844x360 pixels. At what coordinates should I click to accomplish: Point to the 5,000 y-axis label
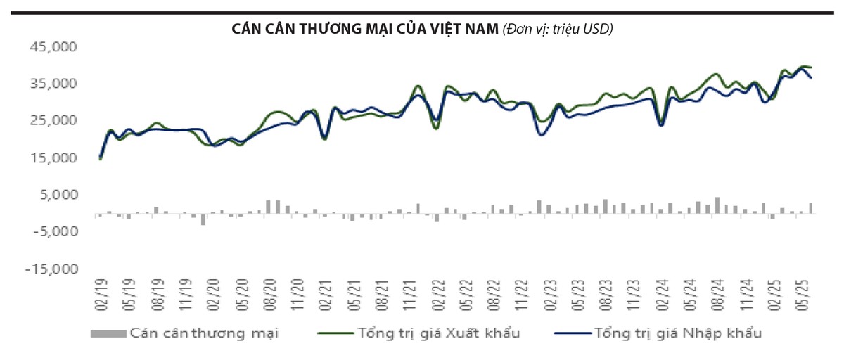coord(59,195)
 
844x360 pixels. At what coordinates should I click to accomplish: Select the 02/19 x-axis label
coord(100,294)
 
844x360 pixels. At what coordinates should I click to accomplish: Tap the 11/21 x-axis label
coord(407,294)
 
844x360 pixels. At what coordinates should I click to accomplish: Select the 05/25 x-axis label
coord(804,294)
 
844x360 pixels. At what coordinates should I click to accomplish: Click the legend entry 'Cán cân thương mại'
coord(205,333)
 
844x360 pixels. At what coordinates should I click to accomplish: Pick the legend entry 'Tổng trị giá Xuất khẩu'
coord(440,333)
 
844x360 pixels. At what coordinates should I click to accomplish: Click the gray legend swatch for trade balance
coord(108,333)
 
